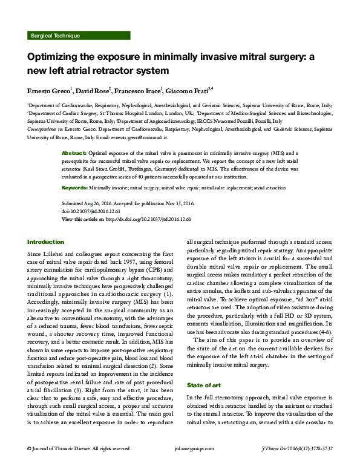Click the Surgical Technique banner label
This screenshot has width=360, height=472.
click(54, 36)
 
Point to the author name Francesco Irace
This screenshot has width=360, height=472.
click(138, 90)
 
